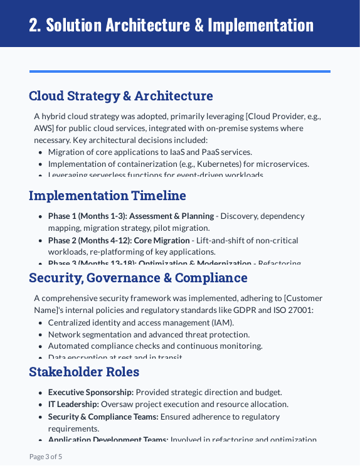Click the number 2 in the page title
pyautogui.click(x=34, y=25)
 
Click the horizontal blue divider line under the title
pyautogui.click(x=179, y=71)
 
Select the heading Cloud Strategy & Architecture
pyautogui.click(x=120, y=96)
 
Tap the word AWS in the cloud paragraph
pyautogui.click(x=44, y=128)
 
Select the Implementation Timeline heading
pyautogui.click(x=107, y=196)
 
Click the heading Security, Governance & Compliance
pyautogui.click(x=138, y=278)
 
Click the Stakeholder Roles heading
pyautogui.click(x=84, y=372)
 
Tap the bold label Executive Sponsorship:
pyautogui.click(x=91, y=392)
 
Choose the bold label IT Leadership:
pyautogui.click(x=73, y=405)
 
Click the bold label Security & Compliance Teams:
pyautogui.click(x=103, y=416)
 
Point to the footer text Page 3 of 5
pyautogui.click(x=46, y=457)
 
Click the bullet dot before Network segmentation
pyautogui.click(x=41, y=335)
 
